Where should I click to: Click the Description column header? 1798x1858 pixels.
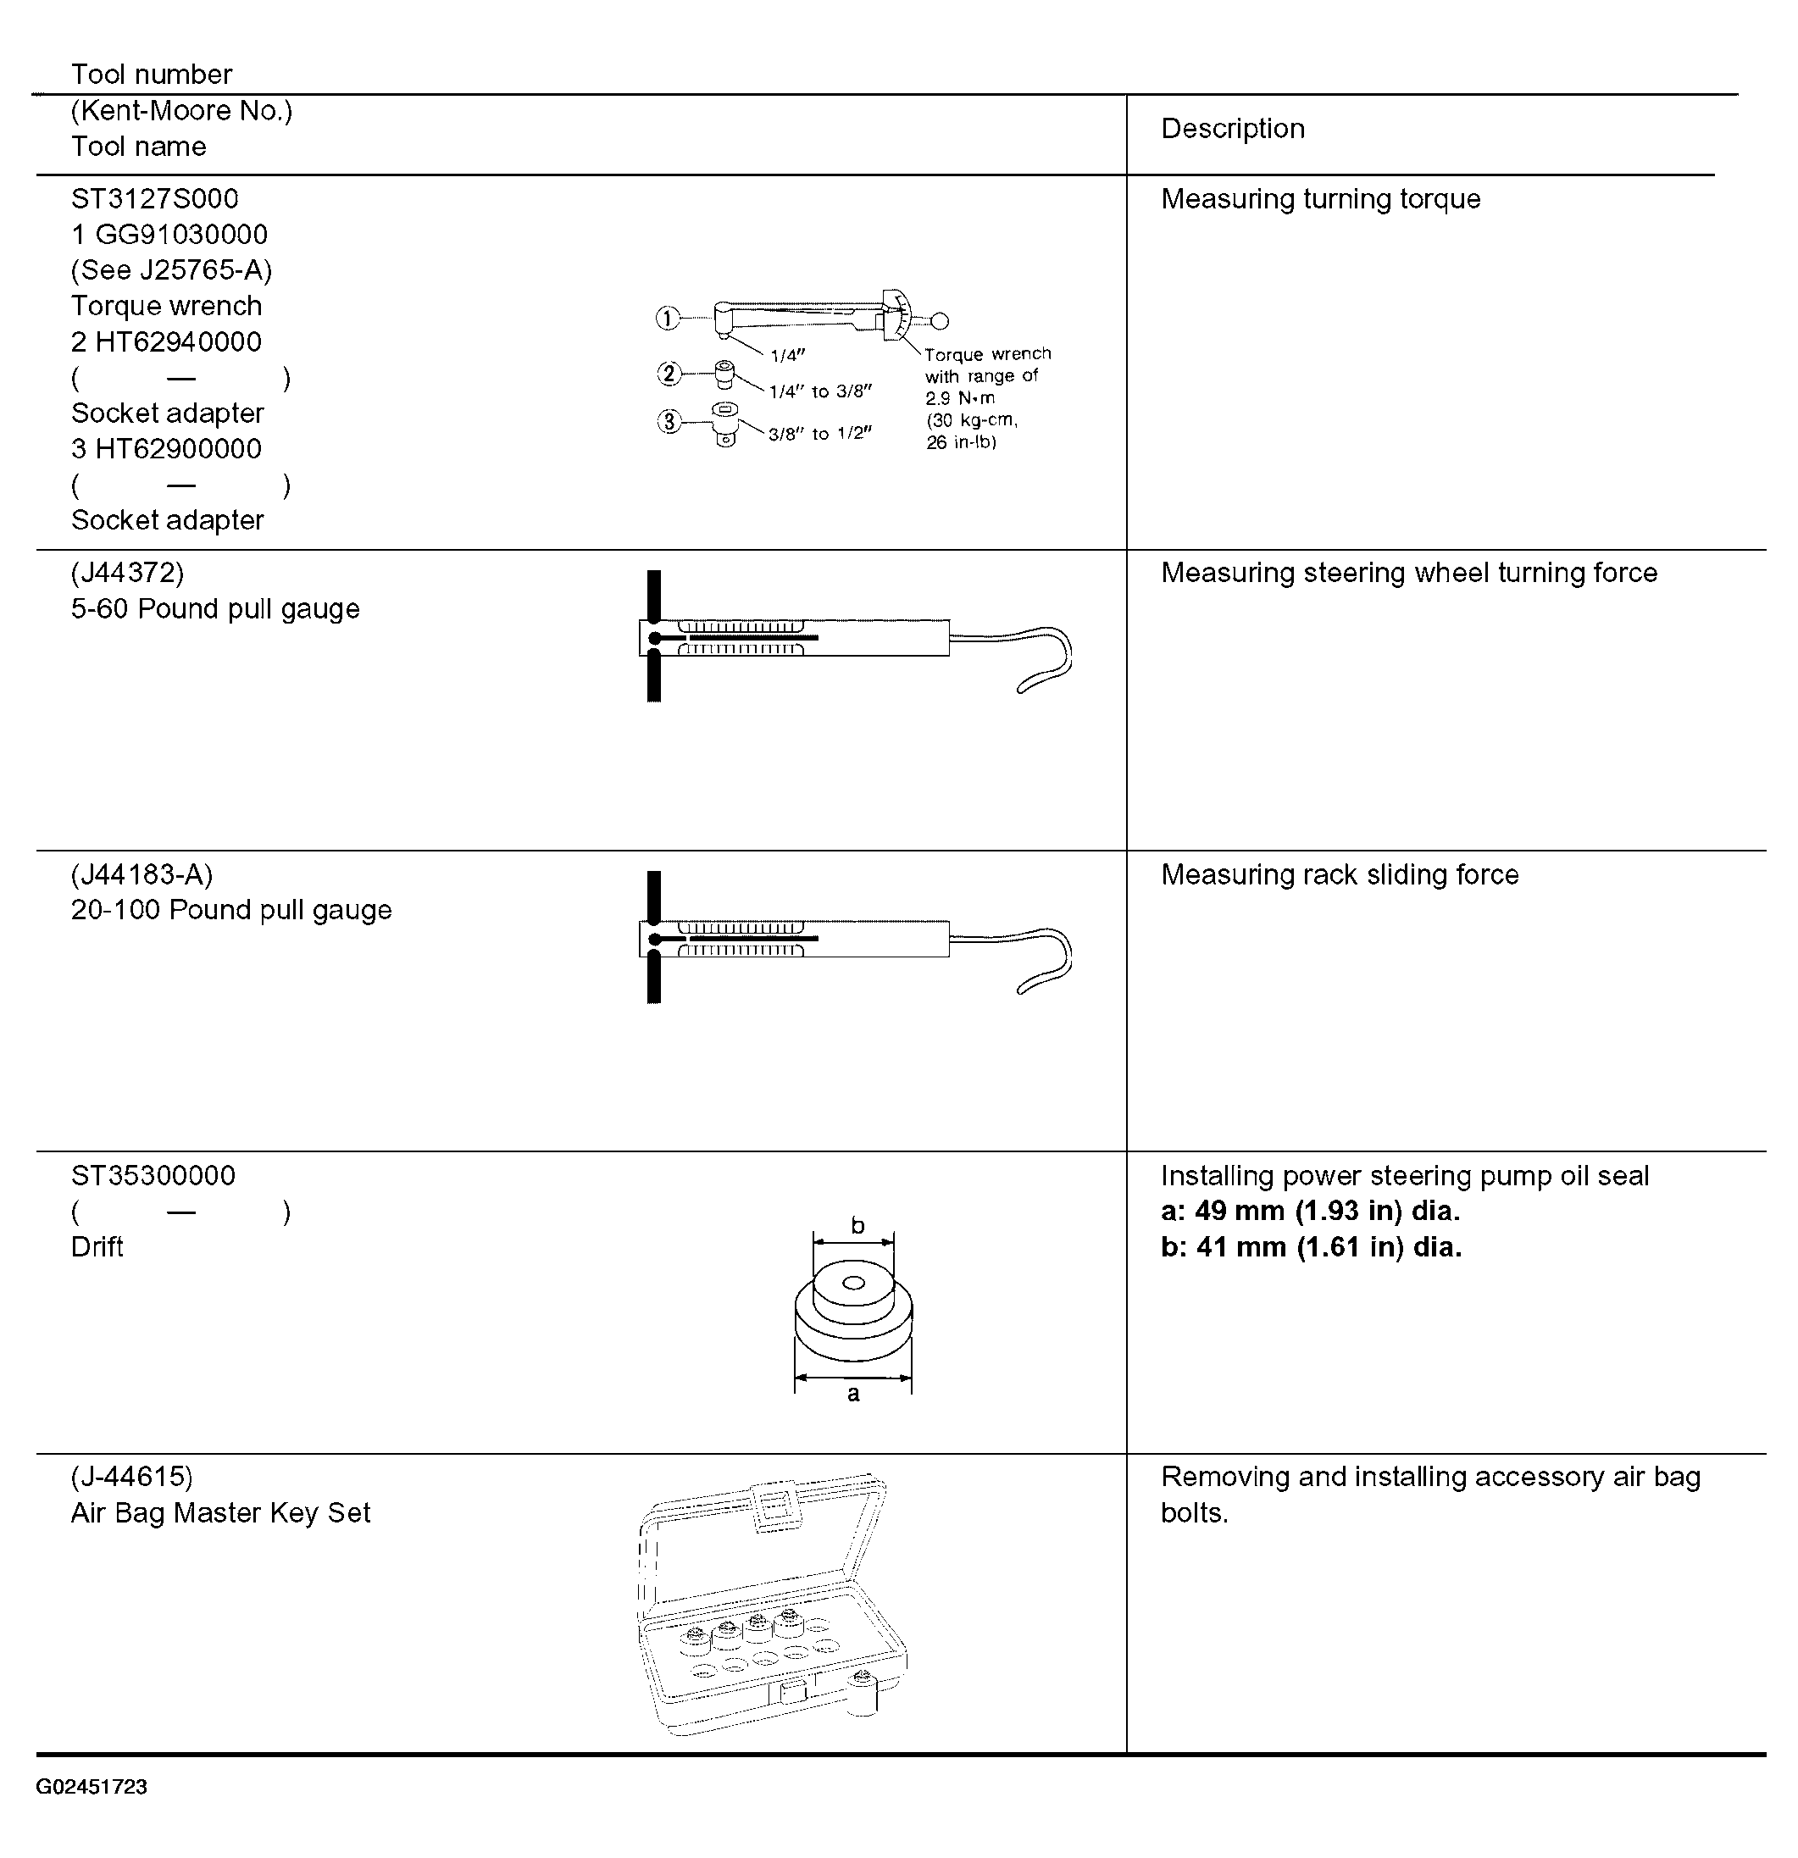[1232, 129]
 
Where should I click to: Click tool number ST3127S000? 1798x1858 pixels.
[154, 199]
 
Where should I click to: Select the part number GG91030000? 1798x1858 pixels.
[181, 235]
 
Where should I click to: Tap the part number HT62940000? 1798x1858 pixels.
[178, 342]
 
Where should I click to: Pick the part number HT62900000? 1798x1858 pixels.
[178, 449]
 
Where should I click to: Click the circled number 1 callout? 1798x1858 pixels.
[669, 319]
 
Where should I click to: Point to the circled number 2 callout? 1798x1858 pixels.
[669, 374]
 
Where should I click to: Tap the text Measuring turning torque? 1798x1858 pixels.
[1320, 199]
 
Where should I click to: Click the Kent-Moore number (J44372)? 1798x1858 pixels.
[127, 573]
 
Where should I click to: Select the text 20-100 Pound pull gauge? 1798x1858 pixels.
[231, 910]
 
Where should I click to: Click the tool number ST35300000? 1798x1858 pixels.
[153, 1175]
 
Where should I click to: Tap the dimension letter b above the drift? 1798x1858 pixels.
[857, 1226]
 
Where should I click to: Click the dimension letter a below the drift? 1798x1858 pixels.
[853, 1394]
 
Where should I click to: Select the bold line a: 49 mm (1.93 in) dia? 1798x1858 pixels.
[1310, 1212]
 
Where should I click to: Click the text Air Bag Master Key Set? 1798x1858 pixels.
[220, 1513]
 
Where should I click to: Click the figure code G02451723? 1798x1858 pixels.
[92, 1787]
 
